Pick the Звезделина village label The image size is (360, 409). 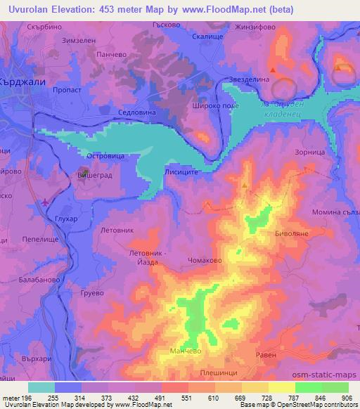[247, 79]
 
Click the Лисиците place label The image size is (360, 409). [188, 171]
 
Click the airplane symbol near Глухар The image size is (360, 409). [46, 203]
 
